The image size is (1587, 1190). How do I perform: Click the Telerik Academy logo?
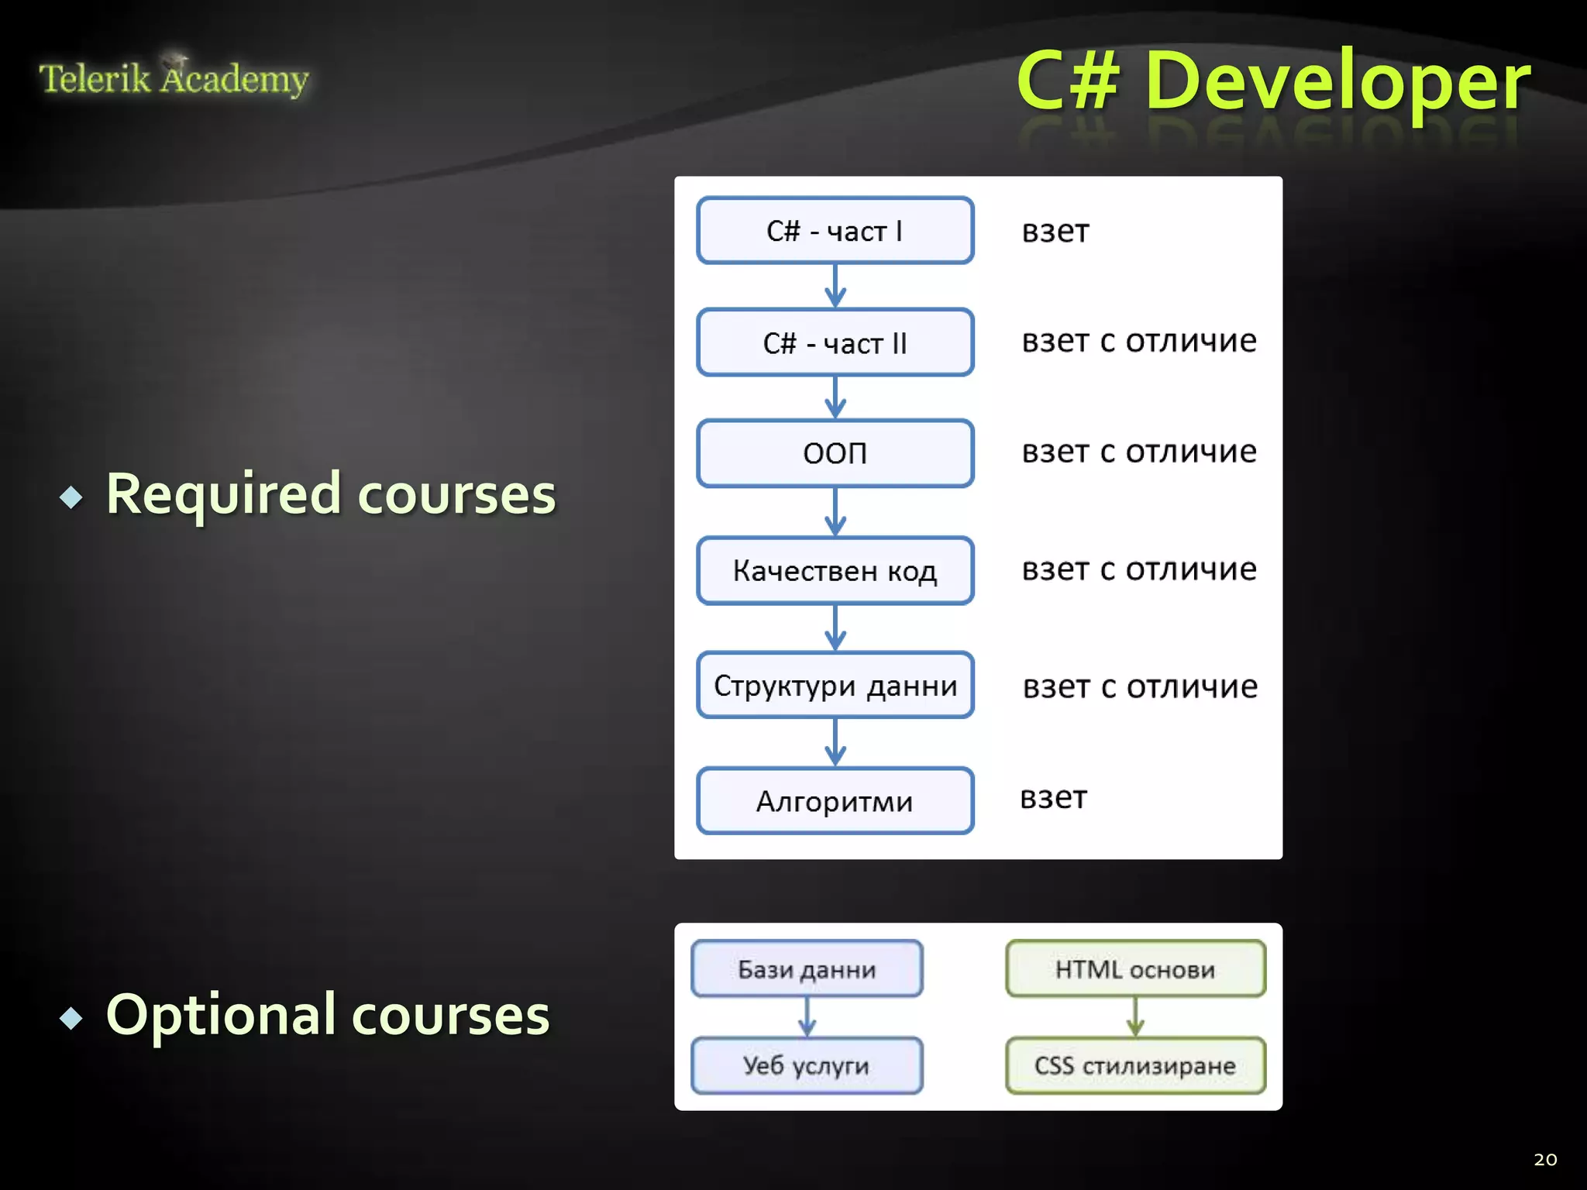point(174,78)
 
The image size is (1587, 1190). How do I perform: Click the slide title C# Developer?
point(1272,81)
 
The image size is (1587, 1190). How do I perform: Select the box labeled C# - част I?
point(835,231)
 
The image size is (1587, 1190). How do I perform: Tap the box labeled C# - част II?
point(835,342)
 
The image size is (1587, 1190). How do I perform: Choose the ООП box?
point(835,453)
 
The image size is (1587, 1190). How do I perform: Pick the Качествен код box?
point(835,571)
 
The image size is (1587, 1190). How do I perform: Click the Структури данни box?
point(835,686)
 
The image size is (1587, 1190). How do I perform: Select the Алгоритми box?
point(835,801)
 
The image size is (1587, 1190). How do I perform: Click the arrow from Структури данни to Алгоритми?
point(835,742)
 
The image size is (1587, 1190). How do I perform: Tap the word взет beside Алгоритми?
point(1053,797)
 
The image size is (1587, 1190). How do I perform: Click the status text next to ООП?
point(1138,452)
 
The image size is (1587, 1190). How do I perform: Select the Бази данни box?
point(807,969)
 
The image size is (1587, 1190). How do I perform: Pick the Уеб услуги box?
point(807,1066)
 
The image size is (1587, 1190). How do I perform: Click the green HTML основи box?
point(1134,969)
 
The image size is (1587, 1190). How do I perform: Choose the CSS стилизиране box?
point(1134,1066)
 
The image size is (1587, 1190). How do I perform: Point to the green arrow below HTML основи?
point(1134,1017)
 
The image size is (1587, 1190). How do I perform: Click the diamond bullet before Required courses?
point(71,497)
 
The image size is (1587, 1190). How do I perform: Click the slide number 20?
point(1544,1160)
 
